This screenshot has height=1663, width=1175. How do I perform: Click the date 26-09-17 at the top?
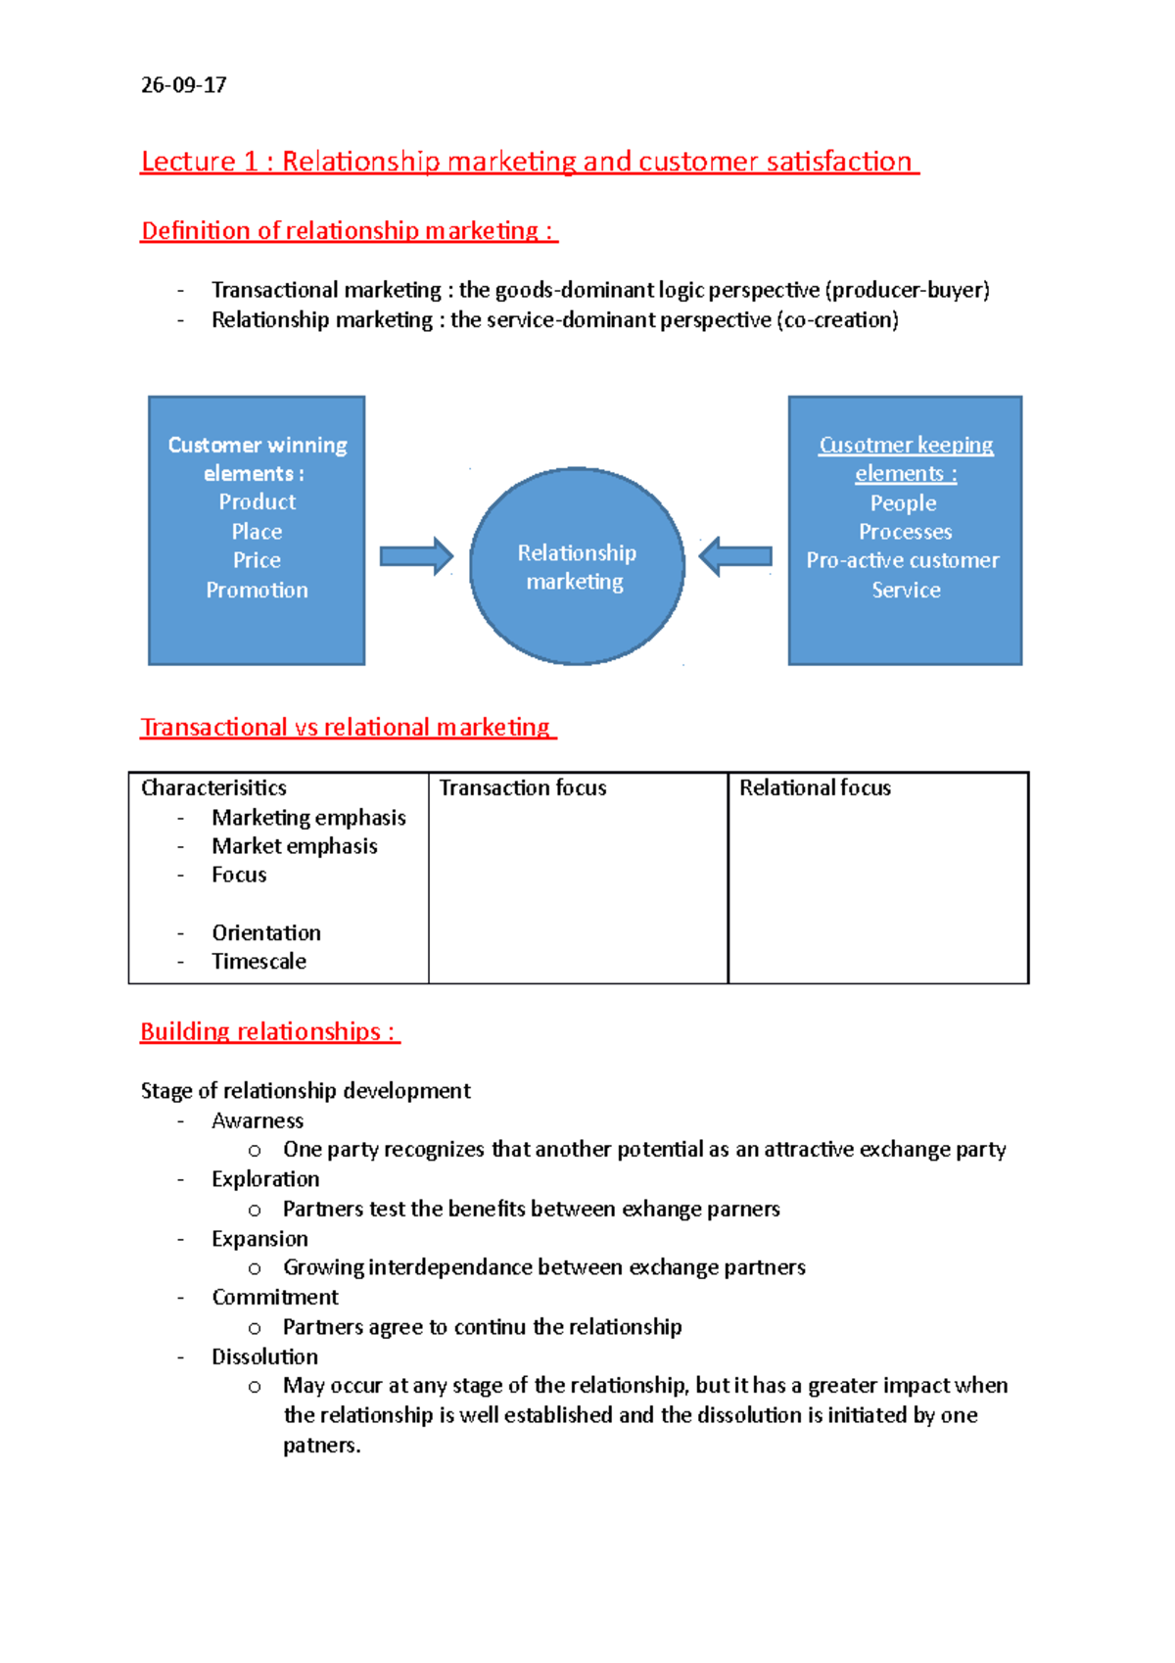(183, 85)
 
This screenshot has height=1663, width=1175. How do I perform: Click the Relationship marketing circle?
(577, 567)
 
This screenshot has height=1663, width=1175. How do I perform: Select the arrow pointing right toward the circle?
(416, 557)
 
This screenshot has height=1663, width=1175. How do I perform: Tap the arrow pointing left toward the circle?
(735, 557)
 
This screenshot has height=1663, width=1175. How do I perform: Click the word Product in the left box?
(257, 502)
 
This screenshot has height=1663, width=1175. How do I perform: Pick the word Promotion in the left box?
(257, 591)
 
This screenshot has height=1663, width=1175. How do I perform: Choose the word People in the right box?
(904, 503)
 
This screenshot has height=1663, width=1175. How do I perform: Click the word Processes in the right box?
(905, 532)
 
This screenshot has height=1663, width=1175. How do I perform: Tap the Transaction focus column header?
(523, 788)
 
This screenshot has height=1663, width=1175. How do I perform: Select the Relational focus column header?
(815, 788)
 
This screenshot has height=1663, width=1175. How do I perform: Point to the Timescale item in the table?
(258, 962)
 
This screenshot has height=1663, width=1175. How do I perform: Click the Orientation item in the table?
(266, 933)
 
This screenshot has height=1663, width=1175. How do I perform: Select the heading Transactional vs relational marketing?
(348, 728)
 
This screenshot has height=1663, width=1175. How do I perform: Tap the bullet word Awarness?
(258, 1120)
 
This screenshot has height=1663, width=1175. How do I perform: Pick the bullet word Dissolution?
(264, 1357)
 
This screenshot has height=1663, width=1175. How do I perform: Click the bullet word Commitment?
(275, 1298)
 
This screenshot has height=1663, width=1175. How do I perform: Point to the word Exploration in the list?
(265, 1179)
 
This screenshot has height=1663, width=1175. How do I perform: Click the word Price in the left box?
(257, 560)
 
